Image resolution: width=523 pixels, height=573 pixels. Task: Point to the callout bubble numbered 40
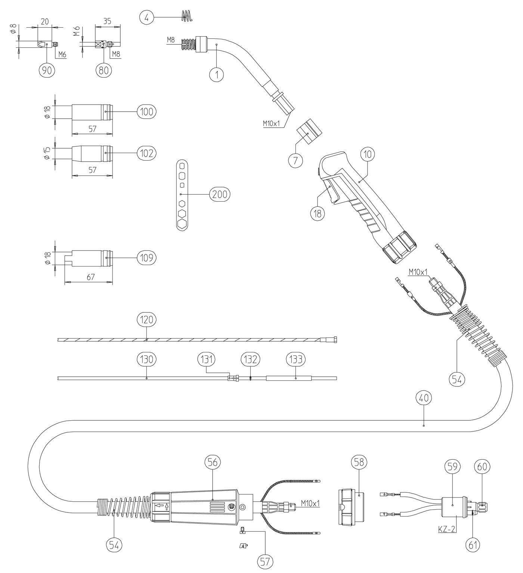(x=424, y=398)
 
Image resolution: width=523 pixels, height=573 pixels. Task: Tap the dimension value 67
(x=91, y=277)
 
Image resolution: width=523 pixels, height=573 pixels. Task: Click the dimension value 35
(x=107, y=21)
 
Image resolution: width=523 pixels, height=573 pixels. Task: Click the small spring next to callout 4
(x=186, y=15)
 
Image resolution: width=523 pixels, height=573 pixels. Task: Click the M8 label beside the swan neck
(x=171, y=40)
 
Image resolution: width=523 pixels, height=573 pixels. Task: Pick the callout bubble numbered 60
(x=482, y=467)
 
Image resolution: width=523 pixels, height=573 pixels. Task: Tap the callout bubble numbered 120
(x=146, y=320)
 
